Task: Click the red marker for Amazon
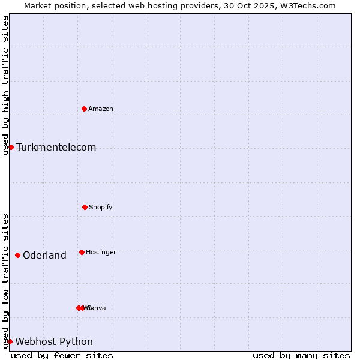pos(84,109)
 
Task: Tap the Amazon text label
pos(101,109)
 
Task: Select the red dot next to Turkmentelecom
pos(11,147)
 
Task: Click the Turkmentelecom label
pos(56,148)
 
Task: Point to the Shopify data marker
pos(85,207)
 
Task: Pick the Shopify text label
pos(101,207)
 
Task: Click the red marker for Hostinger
pos(82,252)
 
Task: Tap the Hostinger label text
pos(101,252)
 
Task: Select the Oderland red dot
pos(17,255)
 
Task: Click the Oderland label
pos(44,256)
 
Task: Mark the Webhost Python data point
pos(10,341)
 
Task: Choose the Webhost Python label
pos(54,342)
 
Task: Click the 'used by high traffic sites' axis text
pos(5,85)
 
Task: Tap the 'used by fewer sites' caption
pos(62,355)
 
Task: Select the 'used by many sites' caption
pos(301,355)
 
